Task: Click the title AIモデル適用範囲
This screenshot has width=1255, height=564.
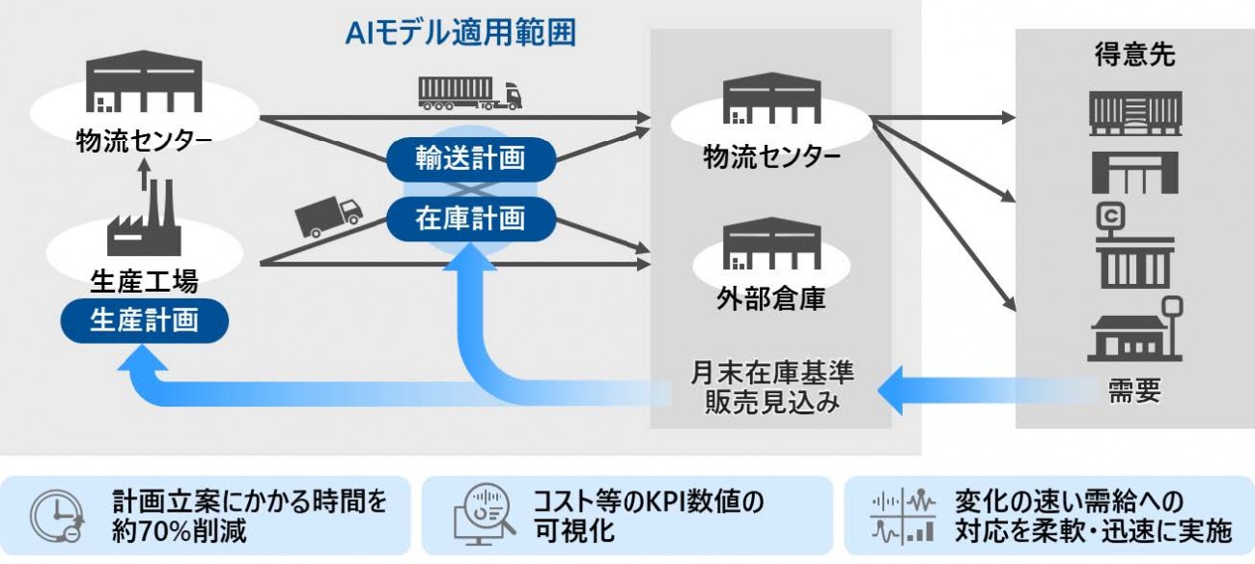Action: [460, 33]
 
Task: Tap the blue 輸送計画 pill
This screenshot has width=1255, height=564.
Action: [471, 158]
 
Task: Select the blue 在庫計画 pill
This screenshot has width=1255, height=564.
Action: [471, 218]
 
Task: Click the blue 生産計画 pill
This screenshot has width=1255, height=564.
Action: [144, 320]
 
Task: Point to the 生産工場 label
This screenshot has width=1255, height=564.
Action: [144, 281]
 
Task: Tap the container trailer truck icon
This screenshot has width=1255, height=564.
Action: [469, 93]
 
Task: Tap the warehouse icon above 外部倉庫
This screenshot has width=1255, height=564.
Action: [771, 245]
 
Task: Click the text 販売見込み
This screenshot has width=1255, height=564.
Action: [772, 402]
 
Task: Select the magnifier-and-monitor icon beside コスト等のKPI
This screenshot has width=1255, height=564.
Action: [483, 515]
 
